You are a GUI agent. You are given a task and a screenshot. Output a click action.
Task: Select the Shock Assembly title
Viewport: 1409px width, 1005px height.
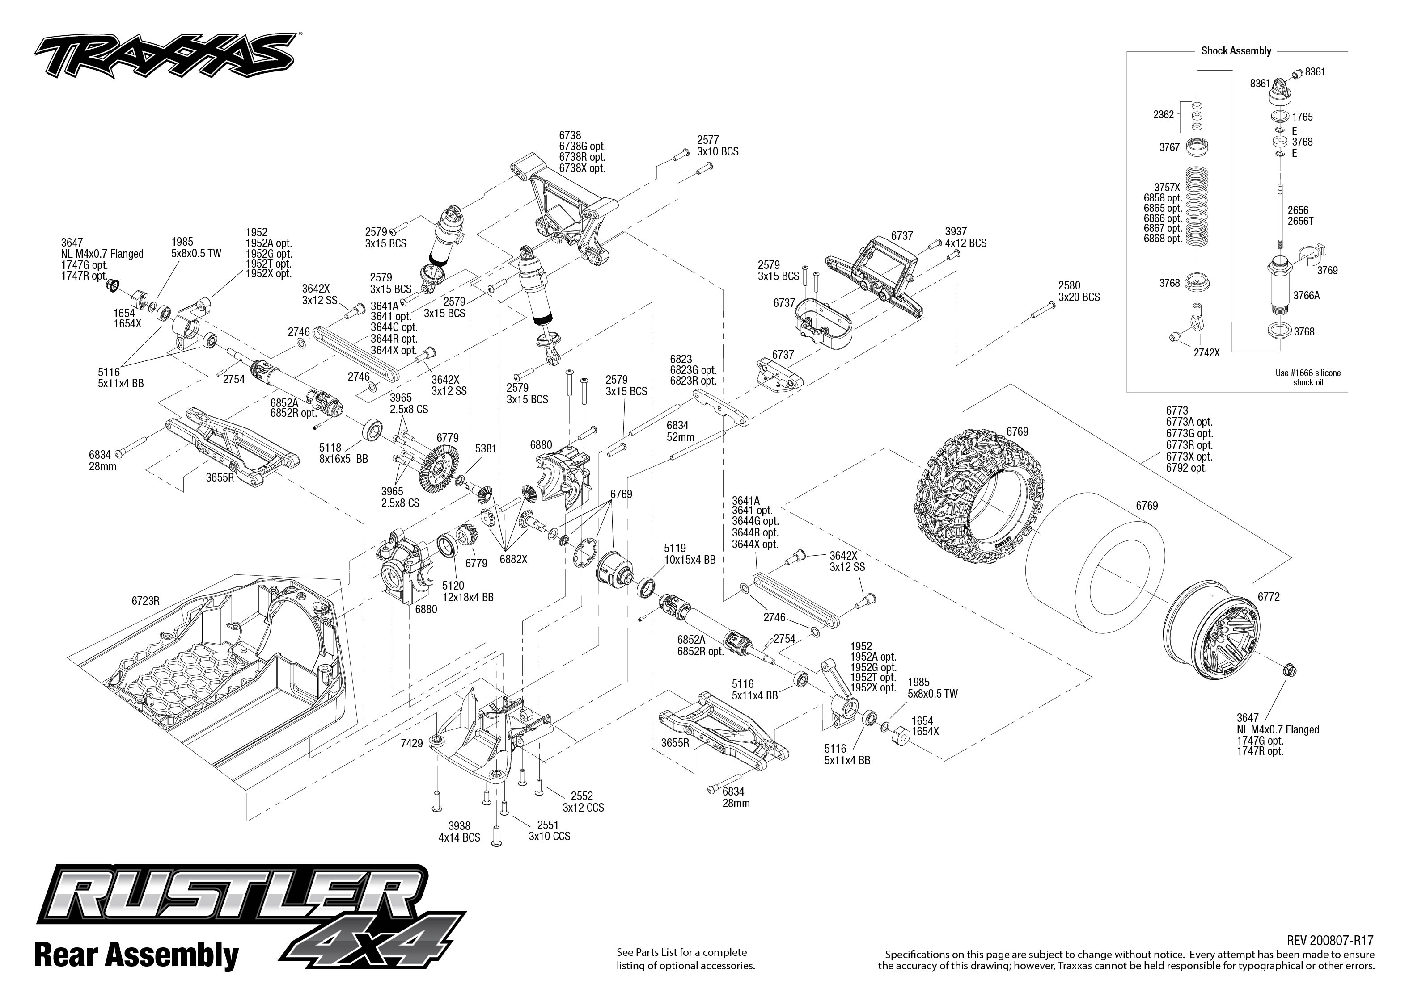click(x=1236, y=51)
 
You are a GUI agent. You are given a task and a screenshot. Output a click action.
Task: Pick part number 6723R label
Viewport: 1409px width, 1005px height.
click(x=145, y=600)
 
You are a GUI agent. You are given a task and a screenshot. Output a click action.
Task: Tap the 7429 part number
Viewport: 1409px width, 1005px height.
click(x=411, y=743)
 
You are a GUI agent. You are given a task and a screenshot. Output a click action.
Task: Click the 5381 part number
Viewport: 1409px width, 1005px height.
click(x=486, y=448)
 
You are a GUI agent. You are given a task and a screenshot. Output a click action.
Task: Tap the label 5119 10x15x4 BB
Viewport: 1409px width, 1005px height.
click(x=690, y=554)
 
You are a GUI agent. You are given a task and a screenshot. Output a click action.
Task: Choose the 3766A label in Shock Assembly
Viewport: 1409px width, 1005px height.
click(x=1306, y=296)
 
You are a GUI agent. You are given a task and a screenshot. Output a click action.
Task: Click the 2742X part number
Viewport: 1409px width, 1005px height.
click(x=1206, y=353)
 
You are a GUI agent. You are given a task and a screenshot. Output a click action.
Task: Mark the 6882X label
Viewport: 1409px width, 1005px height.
click(x=513, y=559)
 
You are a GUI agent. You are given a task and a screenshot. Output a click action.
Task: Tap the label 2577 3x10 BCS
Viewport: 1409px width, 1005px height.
click(x=717, y=146)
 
